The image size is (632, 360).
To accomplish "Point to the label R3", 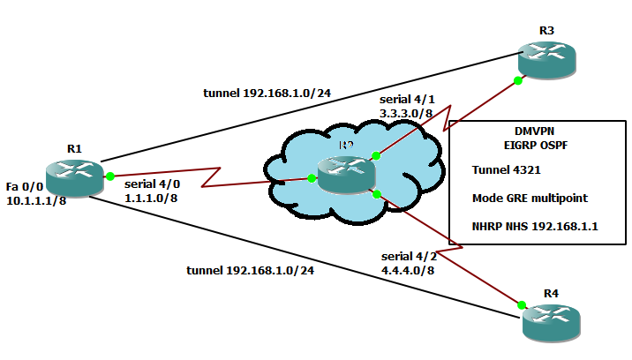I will pyautogui.click(x=546, y=31).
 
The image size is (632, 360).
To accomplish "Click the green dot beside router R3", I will pyautogui.click(x=517, y=80).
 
